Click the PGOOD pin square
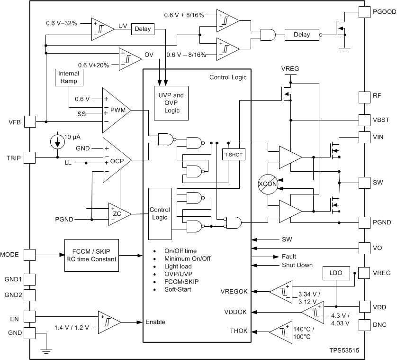click(365, 12)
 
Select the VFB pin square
click(29, 122)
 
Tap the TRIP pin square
click(29, 157)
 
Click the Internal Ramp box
click(69, 77)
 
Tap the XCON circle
click(268, 183)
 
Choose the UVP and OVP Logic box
click(171, 102)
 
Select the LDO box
click(336, 273)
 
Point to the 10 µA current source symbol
click(58, 141)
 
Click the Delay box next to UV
click(143, 29)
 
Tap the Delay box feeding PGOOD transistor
click(301, 35)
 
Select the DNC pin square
click(365, 325)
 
